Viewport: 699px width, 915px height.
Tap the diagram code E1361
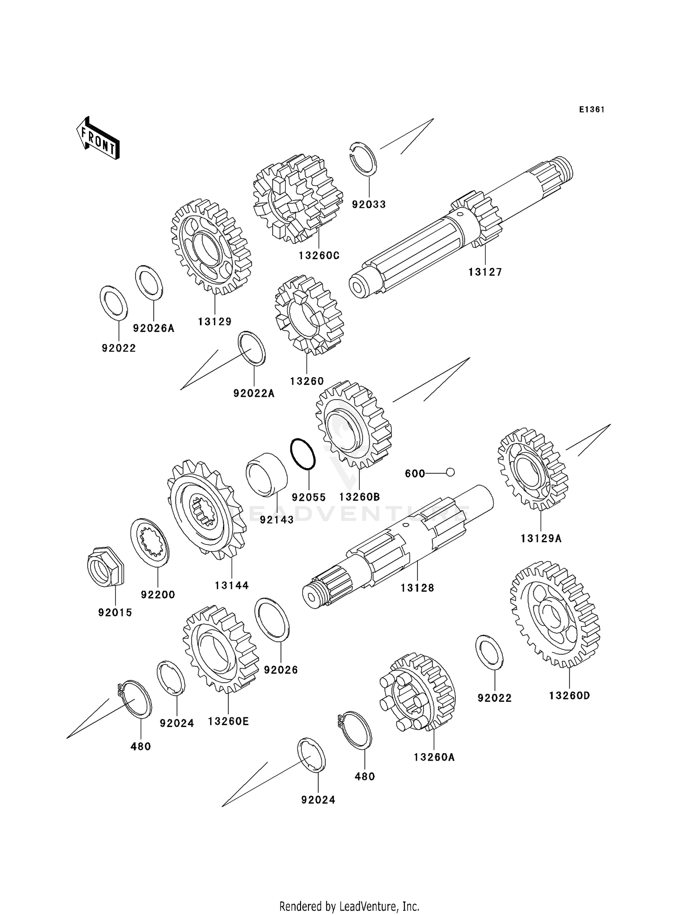tap(592, 110)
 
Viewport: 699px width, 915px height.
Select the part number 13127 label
tap(485, 272)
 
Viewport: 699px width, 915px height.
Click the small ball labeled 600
tap(450, 472)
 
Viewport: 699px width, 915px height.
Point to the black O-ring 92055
tap(303, 454)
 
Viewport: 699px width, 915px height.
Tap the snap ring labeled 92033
tap(363, 159)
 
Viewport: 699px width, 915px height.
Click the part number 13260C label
tap(319, 256)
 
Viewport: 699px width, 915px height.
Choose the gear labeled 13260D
tap(555, 614)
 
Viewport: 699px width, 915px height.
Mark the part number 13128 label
tap(417, 588)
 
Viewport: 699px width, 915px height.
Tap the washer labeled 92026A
tap(149, 282)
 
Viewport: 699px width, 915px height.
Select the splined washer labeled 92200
tap(150, 542)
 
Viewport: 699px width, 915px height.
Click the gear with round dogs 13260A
tap(418, 692)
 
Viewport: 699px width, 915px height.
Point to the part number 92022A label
tap(254, 394)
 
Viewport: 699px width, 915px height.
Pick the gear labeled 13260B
tap(353, 424)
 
